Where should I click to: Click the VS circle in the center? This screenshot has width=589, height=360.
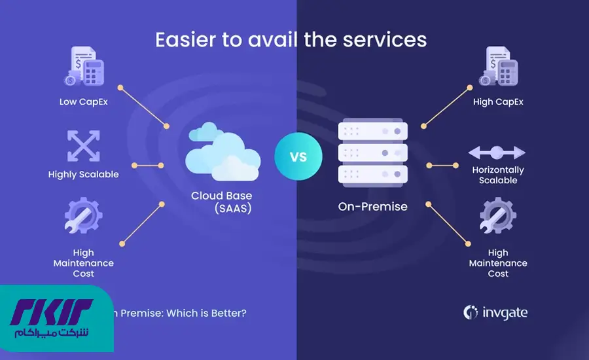click(x=298, y=157)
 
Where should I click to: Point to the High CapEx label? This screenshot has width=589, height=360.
click(x=498, y=101)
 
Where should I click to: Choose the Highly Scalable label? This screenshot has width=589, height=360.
click(x=83, y=175)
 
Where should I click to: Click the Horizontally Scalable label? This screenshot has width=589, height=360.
click(x=498, y=175)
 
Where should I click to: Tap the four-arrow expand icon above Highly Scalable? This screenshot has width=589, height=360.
click(x=83, y=146)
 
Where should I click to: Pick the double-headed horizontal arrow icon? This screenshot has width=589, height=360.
click(x=497, y=153)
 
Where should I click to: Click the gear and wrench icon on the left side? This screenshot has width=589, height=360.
click(x=82, y=218)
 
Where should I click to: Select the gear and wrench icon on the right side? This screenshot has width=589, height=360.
click(x=498, y=218)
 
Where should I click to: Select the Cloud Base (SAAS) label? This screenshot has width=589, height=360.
click(x=221, y=202)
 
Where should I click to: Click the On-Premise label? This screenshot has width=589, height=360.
click(x=373, y=207)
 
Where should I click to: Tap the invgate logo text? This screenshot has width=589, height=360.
click(x=503, y=313)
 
